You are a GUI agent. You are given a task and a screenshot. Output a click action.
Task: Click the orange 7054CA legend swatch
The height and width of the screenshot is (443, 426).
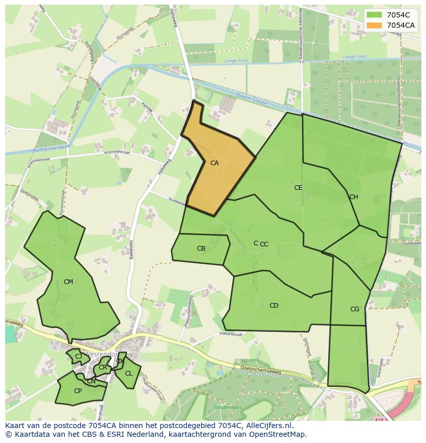[375, 25]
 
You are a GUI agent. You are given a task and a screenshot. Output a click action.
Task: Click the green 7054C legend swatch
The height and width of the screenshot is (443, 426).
[375, 15]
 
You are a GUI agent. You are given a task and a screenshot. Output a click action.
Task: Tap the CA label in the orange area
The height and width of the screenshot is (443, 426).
[215, 163]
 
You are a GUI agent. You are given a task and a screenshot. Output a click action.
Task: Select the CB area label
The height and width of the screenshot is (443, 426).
[201, 249]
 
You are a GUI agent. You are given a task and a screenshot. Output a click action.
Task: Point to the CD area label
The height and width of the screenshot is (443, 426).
[274, 306]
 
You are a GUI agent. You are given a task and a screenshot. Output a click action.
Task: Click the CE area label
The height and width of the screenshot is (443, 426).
[298, 188]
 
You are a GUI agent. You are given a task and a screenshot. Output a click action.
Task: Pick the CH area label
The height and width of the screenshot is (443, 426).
[353, 197]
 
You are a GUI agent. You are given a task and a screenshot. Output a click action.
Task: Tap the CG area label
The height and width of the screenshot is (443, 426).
[354, 309]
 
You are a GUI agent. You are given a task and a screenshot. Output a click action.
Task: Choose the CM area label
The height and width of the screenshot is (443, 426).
[68, 282]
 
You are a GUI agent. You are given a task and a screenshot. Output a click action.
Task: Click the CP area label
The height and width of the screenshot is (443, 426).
[78, 391]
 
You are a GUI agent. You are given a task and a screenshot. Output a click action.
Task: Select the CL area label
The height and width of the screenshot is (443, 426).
[129, 374]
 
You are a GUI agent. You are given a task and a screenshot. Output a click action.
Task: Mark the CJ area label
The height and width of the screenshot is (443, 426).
[78, 357]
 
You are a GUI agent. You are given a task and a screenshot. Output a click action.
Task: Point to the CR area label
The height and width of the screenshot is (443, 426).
[103, 367]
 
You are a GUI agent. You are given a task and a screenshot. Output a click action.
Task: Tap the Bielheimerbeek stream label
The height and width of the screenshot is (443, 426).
[50, 148]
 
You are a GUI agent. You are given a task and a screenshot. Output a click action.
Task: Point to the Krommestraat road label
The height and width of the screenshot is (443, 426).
[117, 153]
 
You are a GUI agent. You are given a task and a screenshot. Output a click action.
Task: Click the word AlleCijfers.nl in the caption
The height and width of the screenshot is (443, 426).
[268, 426]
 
